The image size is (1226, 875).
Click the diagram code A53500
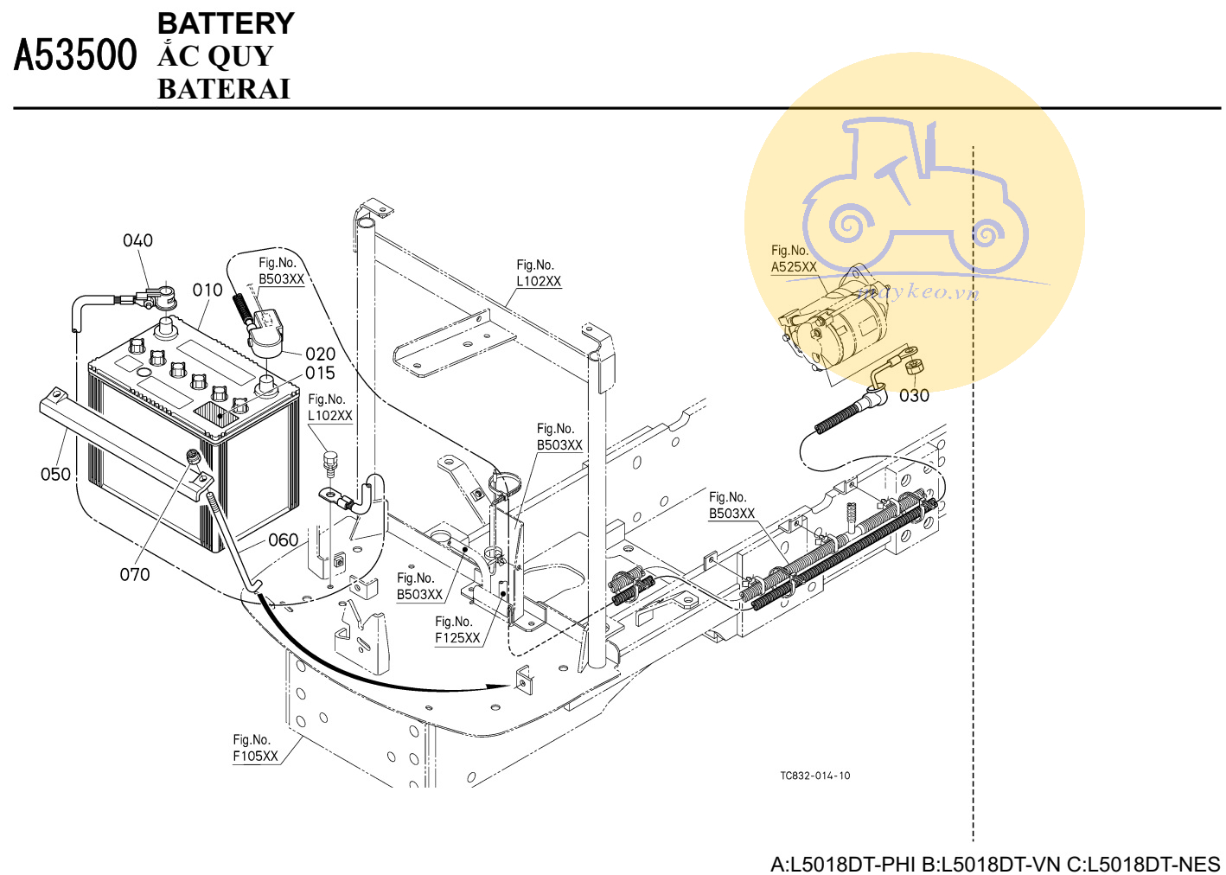75,55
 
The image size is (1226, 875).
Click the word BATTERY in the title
226,23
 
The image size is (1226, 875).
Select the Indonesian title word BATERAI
223,89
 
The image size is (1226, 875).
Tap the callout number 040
137,240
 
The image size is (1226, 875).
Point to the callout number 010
208,290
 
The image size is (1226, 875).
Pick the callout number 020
320,354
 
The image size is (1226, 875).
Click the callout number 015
320,373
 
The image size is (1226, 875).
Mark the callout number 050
55,474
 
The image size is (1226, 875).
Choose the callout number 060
283,540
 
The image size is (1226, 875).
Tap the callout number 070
135,574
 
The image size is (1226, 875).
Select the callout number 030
914,396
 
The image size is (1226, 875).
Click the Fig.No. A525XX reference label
794,259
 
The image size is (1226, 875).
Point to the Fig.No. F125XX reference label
457,630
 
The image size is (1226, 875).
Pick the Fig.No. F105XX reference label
255,748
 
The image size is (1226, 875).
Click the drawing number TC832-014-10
814,776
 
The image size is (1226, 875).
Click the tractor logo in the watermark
915,199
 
